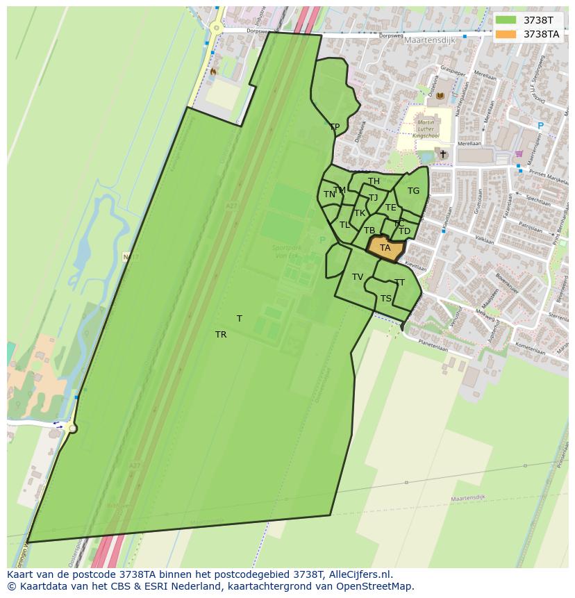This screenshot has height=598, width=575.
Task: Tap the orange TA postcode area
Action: click(385, 248)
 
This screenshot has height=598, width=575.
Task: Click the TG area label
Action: click(413, 191)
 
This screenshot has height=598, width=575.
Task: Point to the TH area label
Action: click(374, 182)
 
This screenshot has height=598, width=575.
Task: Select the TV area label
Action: click(358, 277)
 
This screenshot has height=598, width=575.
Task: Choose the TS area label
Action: click(386, 299)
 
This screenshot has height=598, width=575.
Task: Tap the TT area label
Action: click(399, 283)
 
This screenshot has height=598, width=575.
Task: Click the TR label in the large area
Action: click(221, 335)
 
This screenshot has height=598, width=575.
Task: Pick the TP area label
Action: click(335, 127)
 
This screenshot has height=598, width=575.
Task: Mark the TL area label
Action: click(344, 225)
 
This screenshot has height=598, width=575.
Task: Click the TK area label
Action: click(360, 213)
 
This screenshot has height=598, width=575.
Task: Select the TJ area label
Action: click(373, 198)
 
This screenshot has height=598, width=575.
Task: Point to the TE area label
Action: click(391, 208)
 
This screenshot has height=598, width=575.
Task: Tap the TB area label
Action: click(369, 231)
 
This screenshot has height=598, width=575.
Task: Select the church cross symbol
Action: click(442, 153)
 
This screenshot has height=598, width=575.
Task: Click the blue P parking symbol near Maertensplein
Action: click(540, 126)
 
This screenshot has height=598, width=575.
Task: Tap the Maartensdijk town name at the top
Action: click(429, 40)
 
